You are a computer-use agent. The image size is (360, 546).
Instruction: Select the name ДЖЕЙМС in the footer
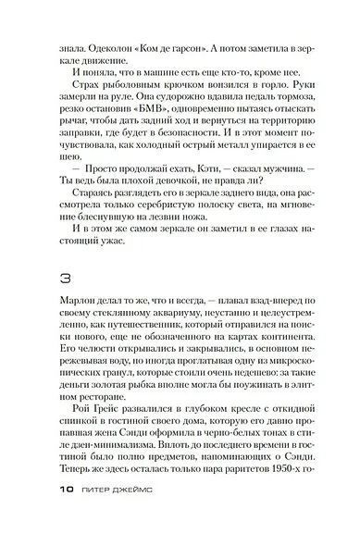[126, 520]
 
